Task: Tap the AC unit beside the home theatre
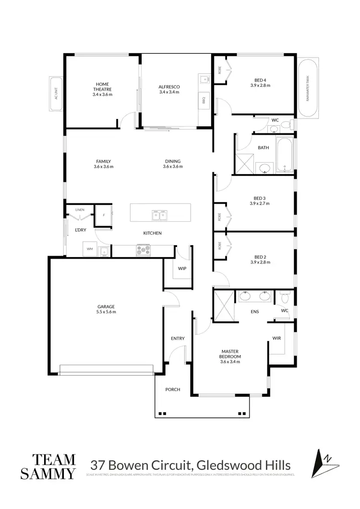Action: click(x=56, y=94)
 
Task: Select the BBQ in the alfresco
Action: click(x=203, y=100)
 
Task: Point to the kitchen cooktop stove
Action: click(x=144, y=249)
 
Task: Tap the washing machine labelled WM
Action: click(x=90, y=249)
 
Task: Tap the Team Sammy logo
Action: click(x=48, y=466)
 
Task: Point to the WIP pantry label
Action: click(x=182, y=269)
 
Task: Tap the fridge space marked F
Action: click(x=104, y=215)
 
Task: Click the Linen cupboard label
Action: click(x=80, y=210)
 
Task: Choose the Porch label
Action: click(x=172, y=389)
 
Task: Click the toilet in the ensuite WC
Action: click(x=285, y=298)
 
